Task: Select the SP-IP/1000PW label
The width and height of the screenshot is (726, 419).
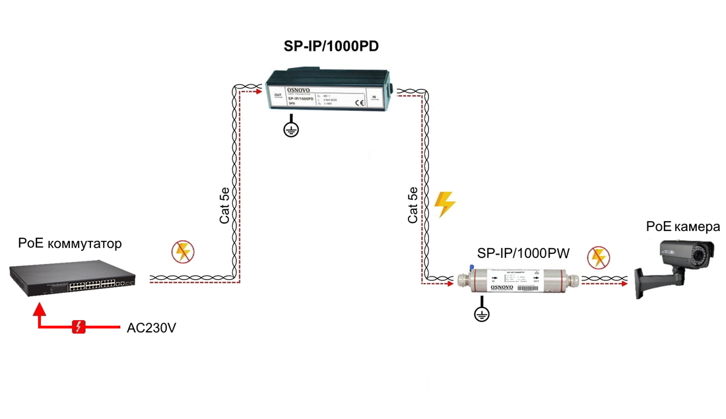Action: tap(524, 253)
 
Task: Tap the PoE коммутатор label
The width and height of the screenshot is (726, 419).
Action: tap(71, 244)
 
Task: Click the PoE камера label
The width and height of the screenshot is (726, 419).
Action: tap(682, 227)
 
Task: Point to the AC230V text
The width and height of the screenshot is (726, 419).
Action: tap(151, 327)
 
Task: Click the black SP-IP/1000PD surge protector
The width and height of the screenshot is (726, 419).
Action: tap(330, 96)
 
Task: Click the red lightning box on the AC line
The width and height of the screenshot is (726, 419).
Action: tap(79, 327)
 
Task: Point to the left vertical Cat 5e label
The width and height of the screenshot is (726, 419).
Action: tap(224, 206)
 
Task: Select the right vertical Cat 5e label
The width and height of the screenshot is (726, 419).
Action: tap(413, 206)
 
